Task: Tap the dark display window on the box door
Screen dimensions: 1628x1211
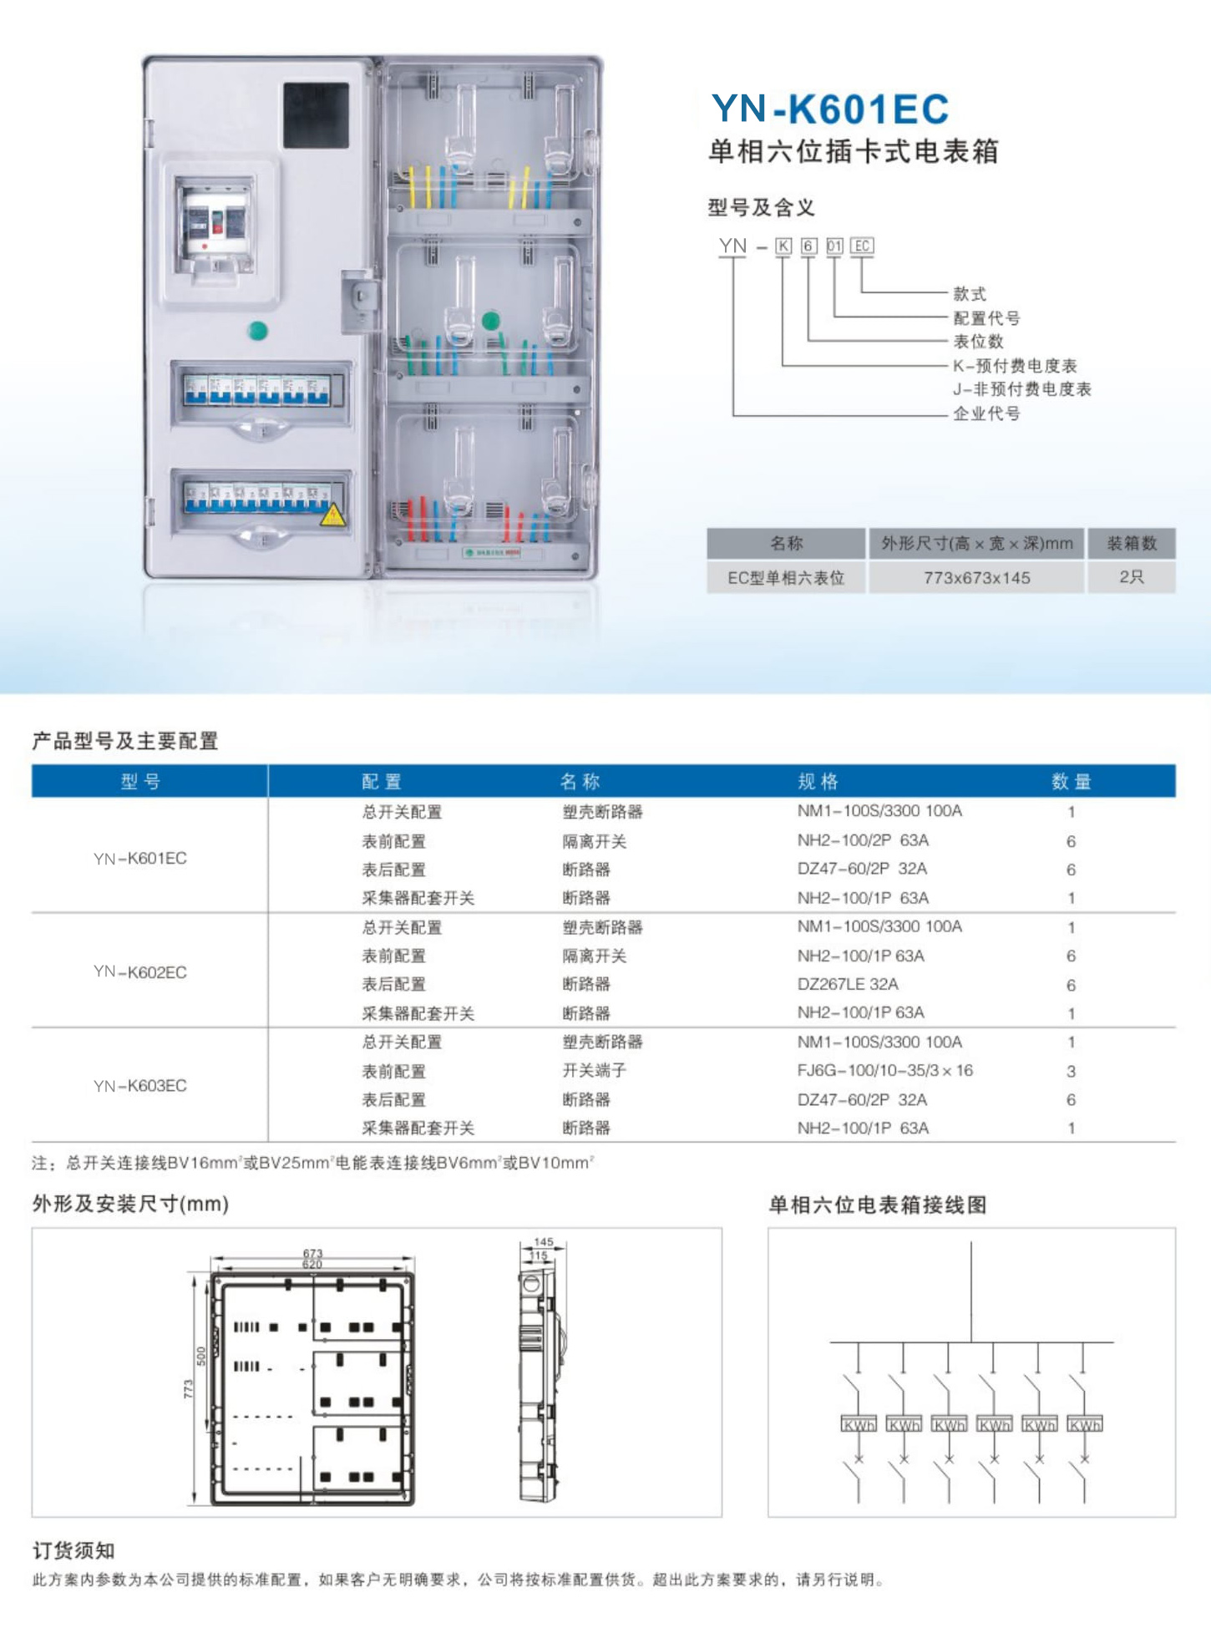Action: pyautogui.click(x=316, y=115)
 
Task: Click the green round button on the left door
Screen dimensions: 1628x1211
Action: pyautogui.click(x=258, y=331)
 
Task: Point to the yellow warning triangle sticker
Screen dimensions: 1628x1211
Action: pyautogui.click(x=333, y=515)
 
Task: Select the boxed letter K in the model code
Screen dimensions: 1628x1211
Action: pyautogui.click(x=783, y=246)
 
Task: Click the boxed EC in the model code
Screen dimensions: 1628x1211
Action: pyautogui.click(x=862, y=246)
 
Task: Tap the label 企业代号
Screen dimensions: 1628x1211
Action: pyautogui.click(x=986, y=413)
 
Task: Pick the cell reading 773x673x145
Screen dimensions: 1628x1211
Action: pyautogui.click(x=976, y=578)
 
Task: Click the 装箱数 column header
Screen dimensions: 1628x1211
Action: pyautogui.click(x=1132, y=544)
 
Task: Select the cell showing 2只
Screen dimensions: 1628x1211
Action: pyautogui.click(x=1132, y=577)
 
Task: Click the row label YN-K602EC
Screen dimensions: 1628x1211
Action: pyautogui.click(x=140, y=972)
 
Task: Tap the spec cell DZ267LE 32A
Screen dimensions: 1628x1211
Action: pyautogui.click(x=848, y=984)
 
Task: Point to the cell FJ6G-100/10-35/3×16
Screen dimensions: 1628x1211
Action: pyautogui.click(x=884, y=1071)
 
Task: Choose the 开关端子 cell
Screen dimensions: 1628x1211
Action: pyautogui.click(x=594, y=1071)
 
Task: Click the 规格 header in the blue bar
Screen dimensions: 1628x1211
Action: pyautogui.click(x=818, y=782)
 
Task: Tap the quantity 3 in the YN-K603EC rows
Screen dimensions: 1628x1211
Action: pyautogui.click(x=1071, y=1072)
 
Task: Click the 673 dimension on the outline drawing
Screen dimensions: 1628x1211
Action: pyautogui.click(x=312, y=1253)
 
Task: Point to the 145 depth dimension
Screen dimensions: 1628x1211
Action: pyautogui.click(x=544, y=1242)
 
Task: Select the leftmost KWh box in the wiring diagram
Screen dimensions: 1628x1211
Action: pyautogui.click(x=859, y=1425)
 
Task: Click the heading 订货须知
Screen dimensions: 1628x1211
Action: pyautogui.click(x=73, y=1551)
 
